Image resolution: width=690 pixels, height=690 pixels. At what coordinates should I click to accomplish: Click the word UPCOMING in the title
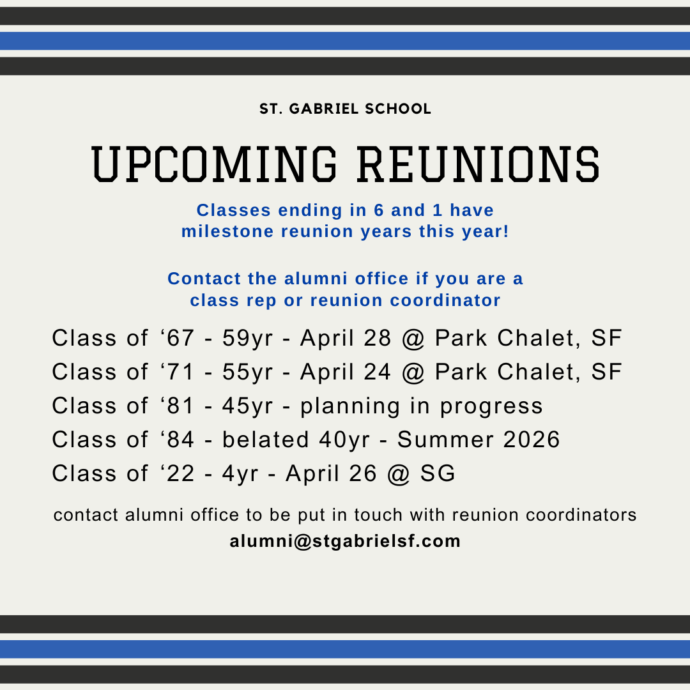point(214,164)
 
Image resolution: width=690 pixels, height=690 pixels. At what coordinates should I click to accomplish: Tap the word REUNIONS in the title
point(479,164)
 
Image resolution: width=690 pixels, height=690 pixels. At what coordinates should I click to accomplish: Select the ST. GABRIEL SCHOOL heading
point(345,109)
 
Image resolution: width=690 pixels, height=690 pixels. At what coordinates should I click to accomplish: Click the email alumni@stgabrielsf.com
point(345,541)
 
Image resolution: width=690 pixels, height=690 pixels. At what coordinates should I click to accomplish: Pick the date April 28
point(346,339)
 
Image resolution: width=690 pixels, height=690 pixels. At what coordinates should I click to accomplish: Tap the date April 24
point(346,372)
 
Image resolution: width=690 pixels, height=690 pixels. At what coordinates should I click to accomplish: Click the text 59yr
point(247,339)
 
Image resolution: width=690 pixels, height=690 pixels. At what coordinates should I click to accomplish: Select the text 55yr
point(247,372)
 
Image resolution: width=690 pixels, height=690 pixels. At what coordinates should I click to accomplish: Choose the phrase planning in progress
point(422,406)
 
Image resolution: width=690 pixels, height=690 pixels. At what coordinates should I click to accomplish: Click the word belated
point(265,440)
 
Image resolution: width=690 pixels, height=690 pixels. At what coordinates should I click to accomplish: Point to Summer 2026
point(479,440)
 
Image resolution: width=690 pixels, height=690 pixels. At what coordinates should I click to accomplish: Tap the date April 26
point(331,474)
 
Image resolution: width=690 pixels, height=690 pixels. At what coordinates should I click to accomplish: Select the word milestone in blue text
point(227,231)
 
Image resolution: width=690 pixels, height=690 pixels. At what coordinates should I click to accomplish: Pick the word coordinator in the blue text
point(445,300)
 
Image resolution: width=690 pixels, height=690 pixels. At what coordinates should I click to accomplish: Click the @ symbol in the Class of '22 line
point(399,474)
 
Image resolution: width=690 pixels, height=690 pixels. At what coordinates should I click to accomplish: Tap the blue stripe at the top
point(345,41)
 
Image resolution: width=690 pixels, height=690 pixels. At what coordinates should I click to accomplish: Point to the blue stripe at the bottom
point(345,649)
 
